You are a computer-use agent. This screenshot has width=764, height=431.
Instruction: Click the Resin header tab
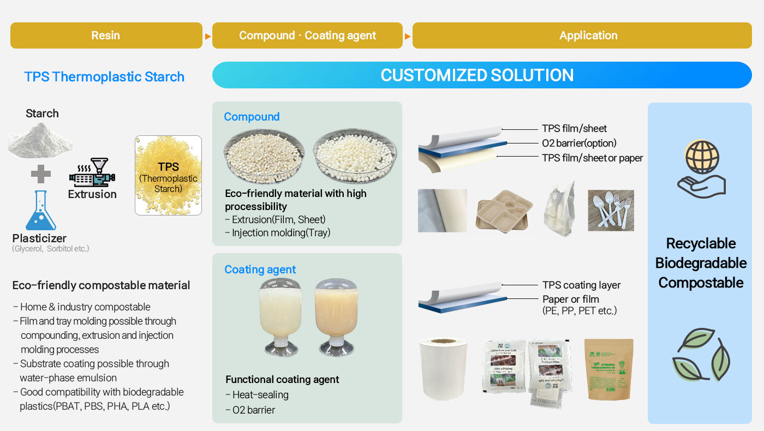click(x=106, y=35)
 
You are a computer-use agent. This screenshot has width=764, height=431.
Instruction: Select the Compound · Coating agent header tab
click(x=307, y=35)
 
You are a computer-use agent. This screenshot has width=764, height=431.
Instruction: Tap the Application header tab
click(x=588, y=35)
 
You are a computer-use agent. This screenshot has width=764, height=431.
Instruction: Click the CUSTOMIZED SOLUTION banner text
click(x=477, y=75)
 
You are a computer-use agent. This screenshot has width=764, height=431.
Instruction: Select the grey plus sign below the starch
click(x=40, y=174)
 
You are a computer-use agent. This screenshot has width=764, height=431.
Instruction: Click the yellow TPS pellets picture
click(x=168, y=175)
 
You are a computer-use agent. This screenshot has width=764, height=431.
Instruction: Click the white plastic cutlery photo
click(x=611, y=210)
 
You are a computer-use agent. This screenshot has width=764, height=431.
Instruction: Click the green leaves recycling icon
click(x=701, y=354)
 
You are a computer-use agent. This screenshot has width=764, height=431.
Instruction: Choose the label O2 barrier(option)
click(x=579, y=143)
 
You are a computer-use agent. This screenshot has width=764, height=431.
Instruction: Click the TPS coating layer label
click(x=581, y=285)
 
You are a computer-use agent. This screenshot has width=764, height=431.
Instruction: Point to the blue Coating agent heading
click(x=260, y=270)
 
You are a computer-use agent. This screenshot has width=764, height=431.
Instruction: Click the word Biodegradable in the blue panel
click(x=701, y=263)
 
